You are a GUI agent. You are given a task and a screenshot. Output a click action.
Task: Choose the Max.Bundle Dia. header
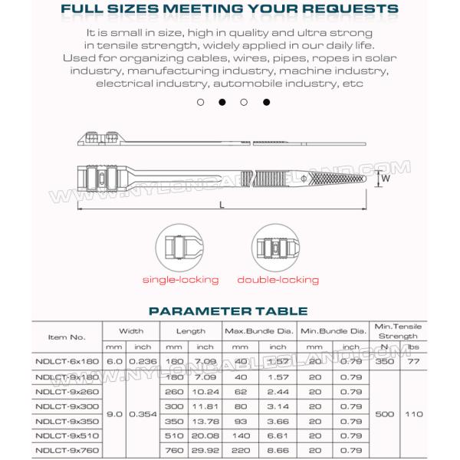click(x=259, y=331)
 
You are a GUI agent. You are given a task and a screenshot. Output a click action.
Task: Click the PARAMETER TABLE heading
click(x=228, y=310)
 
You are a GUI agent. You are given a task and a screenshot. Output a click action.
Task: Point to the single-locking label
click(x=181, y=281)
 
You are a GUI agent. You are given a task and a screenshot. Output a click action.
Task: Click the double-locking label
click(x=278, y=281)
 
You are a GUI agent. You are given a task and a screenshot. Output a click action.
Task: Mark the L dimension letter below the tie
click(x=221, y=205)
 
